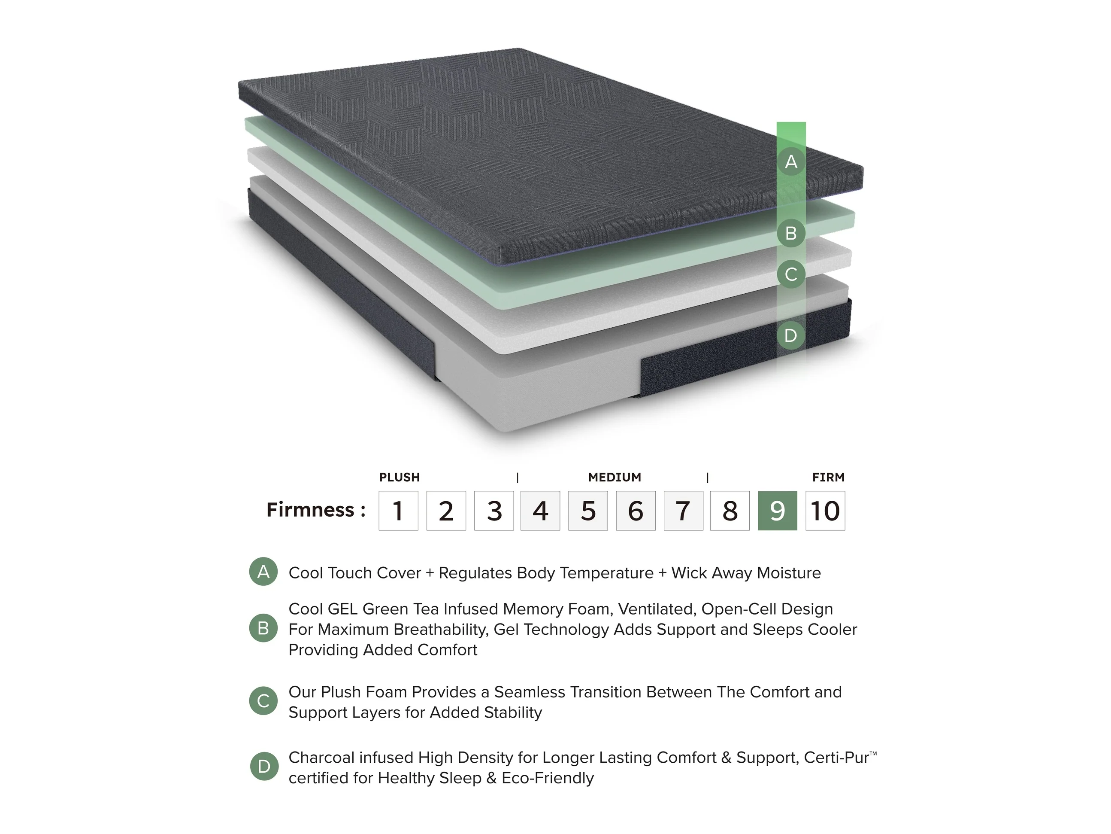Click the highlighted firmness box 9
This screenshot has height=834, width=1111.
point(777,510)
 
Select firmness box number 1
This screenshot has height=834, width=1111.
point(398,510)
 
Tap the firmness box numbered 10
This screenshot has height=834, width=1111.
point(825,510)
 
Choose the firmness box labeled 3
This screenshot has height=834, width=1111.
point(494,510)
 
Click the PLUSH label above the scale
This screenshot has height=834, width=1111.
point(399,477)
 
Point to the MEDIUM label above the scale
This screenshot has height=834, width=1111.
point(615,477)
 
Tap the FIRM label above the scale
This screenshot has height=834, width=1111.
point(828,477)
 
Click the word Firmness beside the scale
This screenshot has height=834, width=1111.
point(310,510)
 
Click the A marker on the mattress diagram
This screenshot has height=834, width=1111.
point(791,161)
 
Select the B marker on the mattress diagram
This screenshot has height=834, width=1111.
point(791,233)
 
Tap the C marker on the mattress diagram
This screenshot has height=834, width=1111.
point(791,274)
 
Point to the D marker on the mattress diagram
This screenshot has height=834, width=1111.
point(791,335)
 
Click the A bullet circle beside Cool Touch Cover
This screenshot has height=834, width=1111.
point(263,572)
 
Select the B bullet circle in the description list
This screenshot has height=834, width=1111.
point(263,628)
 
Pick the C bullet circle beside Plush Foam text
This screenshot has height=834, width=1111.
point(263,701)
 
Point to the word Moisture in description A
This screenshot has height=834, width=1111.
point(789,572)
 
